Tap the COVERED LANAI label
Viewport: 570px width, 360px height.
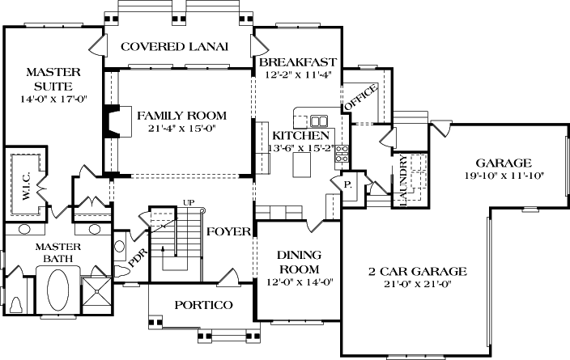pyautogui.click(x=174, y=46)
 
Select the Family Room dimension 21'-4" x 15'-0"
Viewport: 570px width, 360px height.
pyautogui.click(x=181, y=128)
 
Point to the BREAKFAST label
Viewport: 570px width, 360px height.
pyautogui.click(x=297, y=62)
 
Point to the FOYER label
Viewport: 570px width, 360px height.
pyautogui.click(x=228, y=232)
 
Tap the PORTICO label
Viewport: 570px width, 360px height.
pyautogui.click(x=204, y=305)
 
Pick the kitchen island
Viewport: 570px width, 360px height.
pyautogui.click(x=303, y=166)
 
